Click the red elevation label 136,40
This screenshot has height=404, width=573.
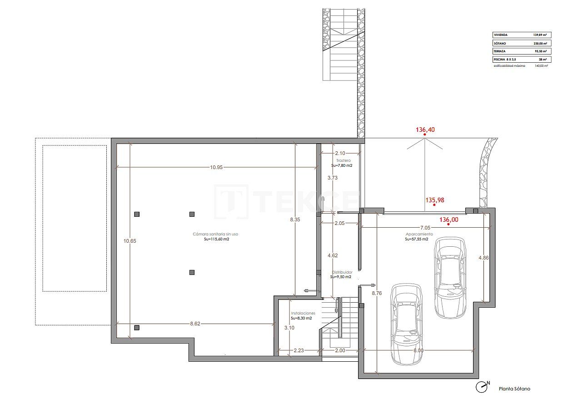tap(425, 130)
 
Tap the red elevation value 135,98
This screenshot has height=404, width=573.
tap(434, 199)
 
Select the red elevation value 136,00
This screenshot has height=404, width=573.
tap(448, 219)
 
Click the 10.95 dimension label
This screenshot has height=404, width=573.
tap(216, 167)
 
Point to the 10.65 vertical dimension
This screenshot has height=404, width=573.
tap(130, 241)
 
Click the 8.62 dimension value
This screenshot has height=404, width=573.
tap(194, 324)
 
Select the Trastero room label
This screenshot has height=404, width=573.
tap(344, 161)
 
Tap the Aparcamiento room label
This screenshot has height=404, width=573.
tap(419, 234)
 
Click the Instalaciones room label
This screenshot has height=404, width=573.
tap(303, 313)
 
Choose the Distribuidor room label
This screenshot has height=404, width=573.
tap(341, 272)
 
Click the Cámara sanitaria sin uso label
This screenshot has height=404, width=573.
tap(215, 234)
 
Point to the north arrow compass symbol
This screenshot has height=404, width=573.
tap(482, 387)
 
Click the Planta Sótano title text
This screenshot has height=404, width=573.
tap(514, 389)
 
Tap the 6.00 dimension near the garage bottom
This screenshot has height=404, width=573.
tap(419, 350)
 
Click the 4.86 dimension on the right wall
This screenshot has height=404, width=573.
tap(483, 258)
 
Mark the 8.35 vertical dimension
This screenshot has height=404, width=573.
tap(295, 219)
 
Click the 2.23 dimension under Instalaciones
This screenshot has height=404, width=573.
tap(299, 350)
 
